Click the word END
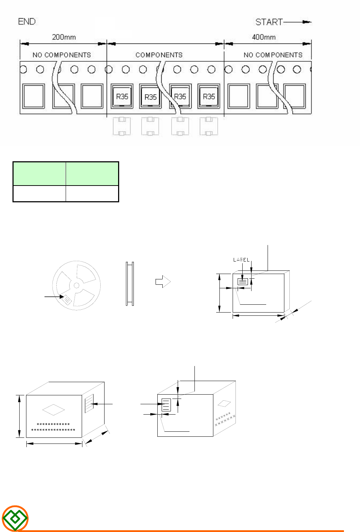tap(27, 22)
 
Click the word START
tap(269, 22)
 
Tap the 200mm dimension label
tap(64, 37)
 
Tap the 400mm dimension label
tap(264, 37)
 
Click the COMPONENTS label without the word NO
tap(159, 55)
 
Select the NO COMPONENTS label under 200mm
tap(62, 55)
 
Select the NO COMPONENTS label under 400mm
tap(273, 55)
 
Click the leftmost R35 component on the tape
tap(122, 96)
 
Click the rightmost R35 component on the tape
tap(209, 96)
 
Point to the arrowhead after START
tap(307, 22)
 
